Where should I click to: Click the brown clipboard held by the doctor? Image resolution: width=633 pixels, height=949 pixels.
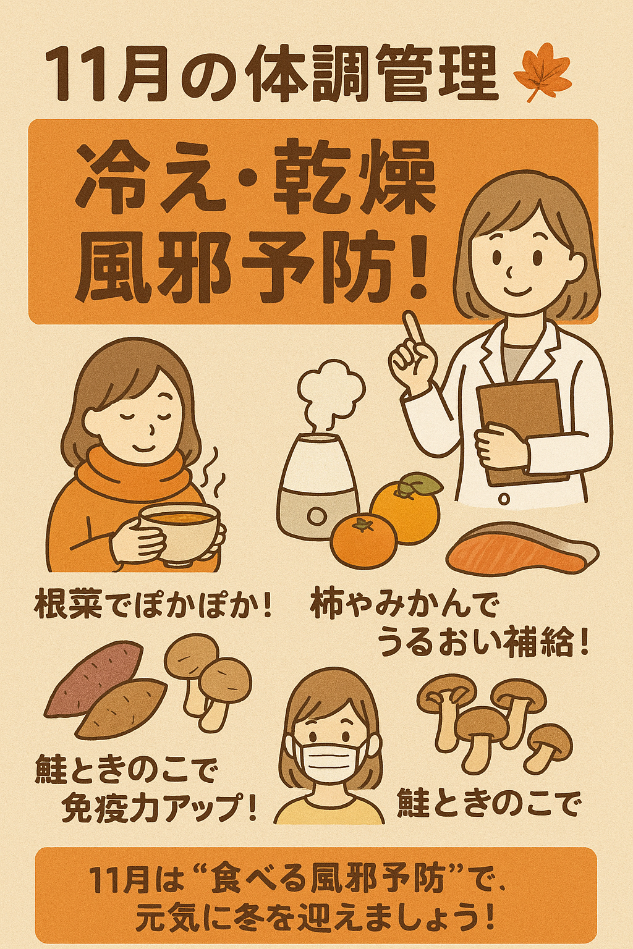(522, 432)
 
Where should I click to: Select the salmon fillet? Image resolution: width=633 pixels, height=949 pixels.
(522, 548)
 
